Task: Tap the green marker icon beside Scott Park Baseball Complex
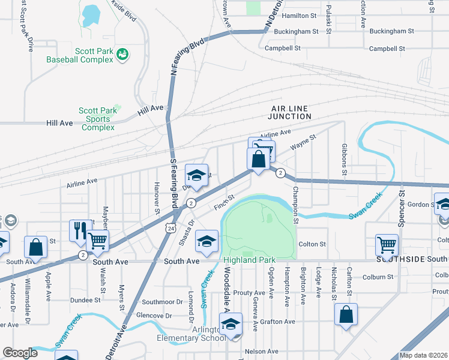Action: (x=122, y=55)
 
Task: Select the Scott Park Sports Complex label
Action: (x=98, y=119)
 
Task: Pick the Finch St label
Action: (x=223, y=205)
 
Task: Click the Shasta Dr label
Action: (x=184, y=232)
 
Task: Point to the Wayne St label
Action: (x=303, y=143)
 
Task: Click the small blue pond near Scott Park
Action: (x=91, y=15)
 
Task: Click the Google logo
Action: (x=20, y=353)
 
